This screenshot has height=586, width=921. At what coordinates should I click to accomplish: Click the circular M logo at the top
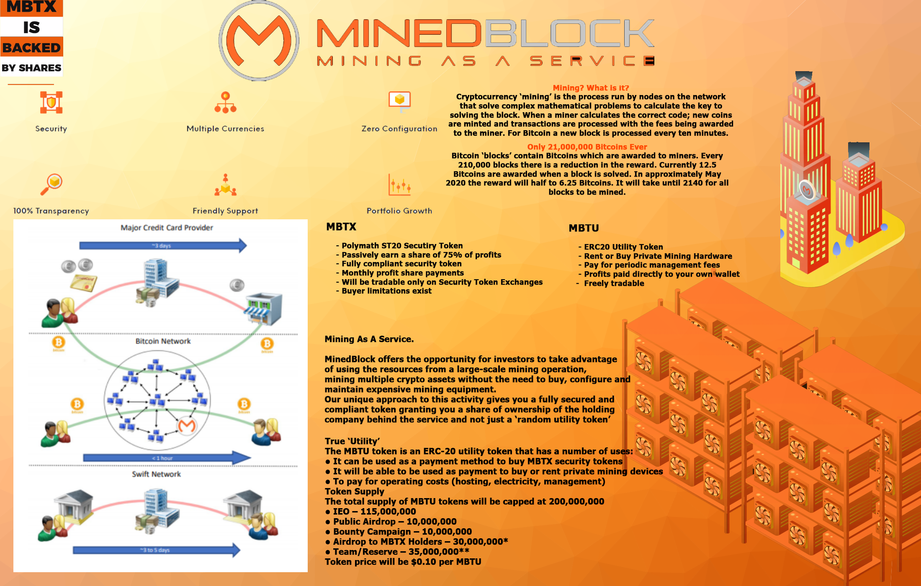tap(259, 41)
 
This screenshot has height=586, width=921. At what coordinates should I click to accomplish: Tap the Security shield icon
tap(51, 103)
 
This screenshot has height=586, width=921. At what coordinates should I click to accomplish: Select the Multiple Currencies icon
tap(225, 103)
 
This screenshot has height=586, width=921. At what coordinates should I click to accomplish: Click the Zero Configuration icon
tap(399, 102)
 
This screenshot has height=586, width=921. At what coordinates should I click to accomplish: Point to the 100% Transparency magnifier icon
tap(51, 184)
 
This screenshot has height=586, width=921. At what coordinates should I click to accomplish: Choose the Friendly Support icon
tap(225, 185)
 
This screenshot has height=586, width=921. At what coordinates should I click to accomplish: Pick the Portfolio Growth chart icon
tap(399, 185)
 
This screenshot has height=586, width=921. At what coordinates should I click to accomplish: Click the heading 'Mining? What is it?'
tap(591, 88)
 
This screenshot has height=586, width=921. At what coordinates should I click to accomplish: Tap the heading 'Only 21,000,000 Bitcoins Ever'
tap(587, 147)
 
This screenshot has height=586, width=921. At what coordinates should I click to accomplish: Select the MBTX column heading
tap(341, 227)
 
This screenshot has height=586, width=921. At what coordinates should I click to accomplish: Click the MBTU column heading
tap(584, 228)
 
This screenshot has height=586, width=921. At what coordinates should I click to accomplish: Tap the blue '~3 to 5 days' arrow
tap(156, 550)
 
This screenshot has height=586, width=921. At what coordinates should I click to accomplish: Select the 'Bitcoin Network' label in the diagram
tap(163, 341)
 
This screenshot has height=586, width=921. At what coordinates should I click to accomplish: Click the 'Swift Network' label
tap(156, 474)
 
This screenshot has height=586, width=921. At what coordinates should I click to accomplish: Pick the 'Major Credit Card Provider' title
tap(167, 228)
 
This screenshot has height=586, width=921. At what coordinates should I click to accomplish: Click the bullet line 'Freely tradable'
tap(614, 283)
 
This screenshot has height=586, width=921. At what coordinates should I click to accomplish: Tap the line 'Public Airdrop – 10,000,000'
tap(394, 522)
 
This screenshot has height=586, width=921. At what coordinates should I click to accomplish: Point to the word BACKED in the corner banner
tap(31, 48)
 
